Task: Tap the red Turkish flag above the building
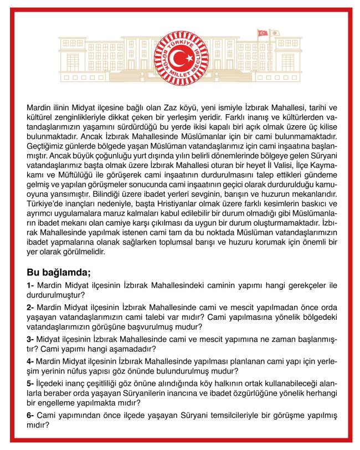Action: [262, 33]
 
